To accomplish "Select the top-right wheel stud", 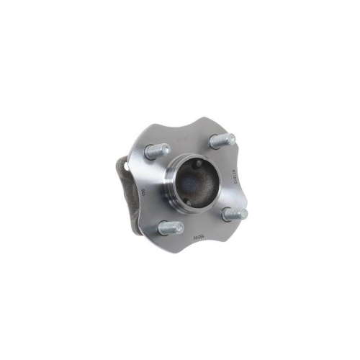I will (221, 140).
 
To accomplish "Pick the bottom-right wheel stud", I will (235, 214).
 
